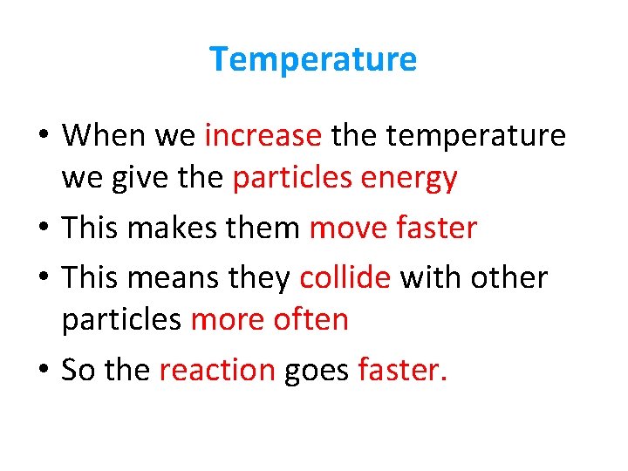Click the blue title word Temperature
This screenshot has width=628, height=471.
pos(313,59)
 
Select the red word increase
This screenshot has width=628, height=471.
pos(263,135)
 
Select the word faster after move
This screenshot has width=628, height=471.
pos(436,228)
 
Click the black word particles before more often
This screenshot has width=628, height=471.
pos(121,320)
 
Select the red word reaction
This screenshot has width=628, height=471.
pos(217,370)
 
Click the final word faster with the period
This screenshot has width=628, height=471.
pos(402,370)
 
